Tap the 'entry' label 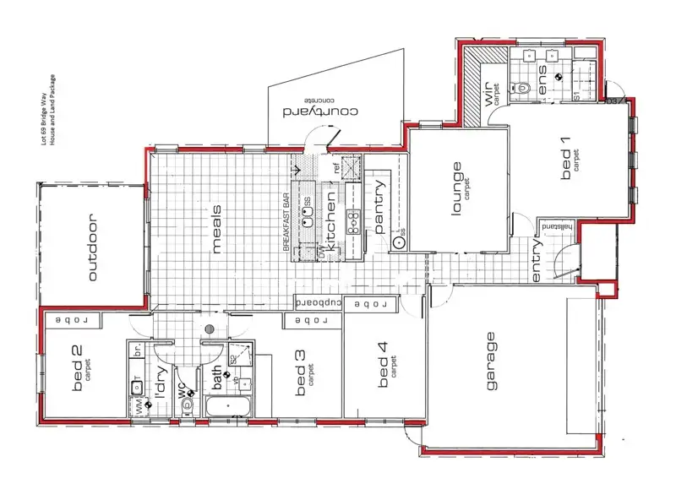[537, 262]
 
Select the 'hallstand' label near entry [558, 227]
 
